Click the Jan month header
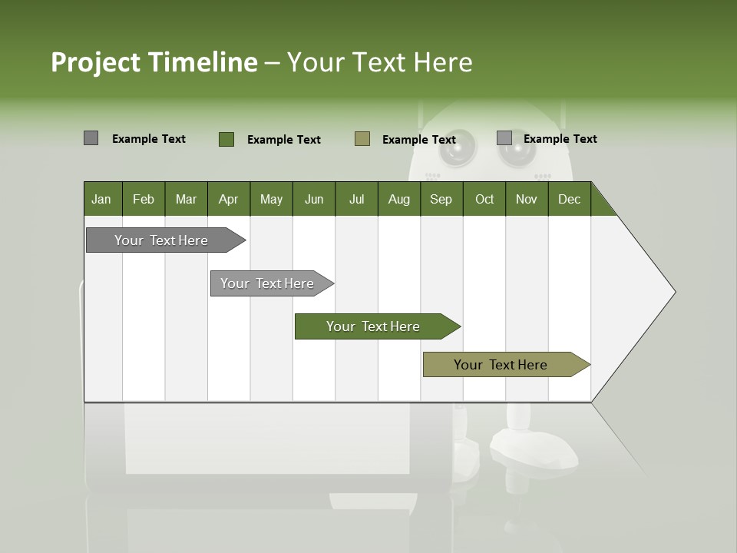[101, 199]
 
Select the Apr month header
[228, 199]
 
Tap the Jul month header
[356, 199]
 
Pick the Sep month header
[441, 199]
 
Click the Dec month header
[569, 199]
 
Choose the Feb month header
[144, 199]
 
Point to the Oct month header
[484, 199]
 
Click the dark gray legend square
[91, 138]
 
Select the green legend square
[226, 139]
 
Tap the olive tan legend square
[362, 138]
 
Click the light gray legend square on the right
[504, 138]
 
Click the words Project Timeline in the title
[154, 62]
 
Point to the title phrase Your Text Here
[379, 62]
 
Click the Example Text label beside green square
[283, 140]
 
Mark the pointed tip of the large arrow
[673, 292]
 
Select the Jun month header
[313, 199]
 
